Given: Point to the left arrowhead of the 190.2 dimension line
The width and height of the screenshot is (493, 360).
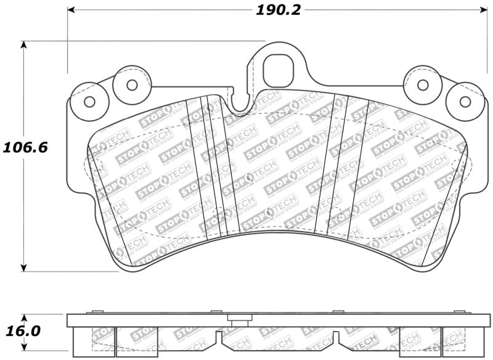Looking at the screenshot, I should coord(71,10).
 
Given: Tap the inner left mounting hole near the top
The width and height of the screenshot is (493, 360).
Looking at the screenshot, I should coord(132,84).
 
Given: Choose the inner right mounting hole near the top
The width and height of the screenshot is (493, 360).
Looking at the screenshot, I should coord(423,84).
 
